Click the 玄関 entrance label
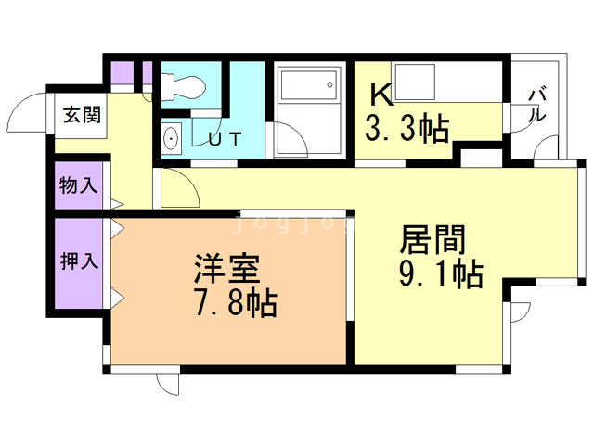pyautogui.click(x=82, y=115)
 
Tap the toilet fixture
pyautogui.click(x=184, y=87)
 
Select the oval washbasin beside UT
pyautogui.click(x=171, y=138)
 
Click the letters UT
pyautogui.click(x=225, y=139)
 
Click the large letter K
pyautogui.click(x=381, y=95)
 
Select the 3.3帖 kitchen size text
pyautogui.click(x=407, y=128)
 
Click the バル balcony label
pyautogui.click(x=537, y=104)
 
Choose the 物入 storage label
pyautogui.click(x=78, y=185)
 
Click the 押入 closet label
pyautogui.click(x=79, y=261)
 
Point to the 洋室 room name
pyautogui.click(x=227, y=269)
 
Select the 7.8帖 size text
pyautogui.click(x=236, y=303)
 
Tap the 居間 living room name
pyautogui.click(x=433, y=239)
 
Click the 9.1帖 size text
pyautogui.click(x=442, y=273)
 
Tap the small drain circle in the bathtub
pyautogui.click(x=329, y=84)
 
